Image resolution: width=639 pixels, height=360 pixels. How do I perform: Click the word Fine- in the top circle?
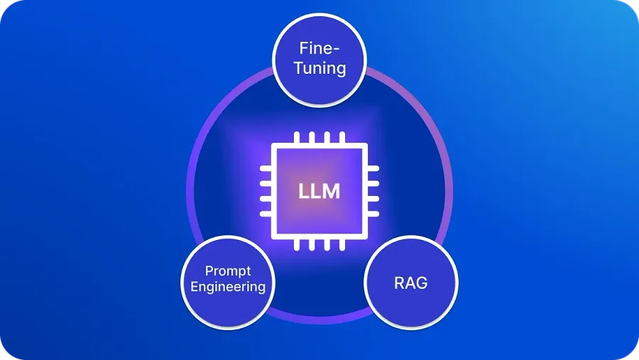(x=319, y=48)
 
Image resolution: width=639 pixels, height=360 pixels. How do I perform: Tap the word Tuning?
(x=320, y=68)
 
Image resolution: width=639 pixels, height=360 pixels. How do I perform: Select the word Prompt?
(x=228, y=271)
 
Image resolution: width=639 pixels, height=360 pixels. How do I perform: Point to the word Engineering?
(x=228, y=287)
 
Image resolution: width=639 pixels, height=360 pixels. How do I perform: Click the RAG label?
(x=411, y=283)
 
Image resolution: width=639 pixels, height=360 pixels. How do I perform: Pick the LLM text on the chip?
(x=319, y=192)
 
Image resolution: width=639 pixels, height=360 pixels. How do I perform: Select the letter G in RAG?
(x=422, y=283)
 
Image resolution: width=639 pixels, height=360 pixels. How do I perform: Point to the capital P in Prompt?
(x=209, y=271)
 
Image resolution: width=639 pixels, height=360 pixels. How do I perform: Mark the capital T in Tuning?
(x=300, y=67)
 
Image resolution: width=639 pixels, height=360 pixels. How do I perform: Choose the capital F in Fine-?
(x=305, y=48)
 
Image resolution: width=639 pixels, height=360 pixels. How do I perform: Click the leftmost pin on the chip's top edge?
(x=297, y=137)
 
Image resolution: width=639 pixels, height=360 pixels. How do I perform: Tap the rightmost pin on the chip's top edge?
(x=342, y=137)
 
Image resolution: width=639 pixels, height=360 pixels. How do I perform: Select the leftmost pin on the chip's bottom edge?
(x=297, y=245)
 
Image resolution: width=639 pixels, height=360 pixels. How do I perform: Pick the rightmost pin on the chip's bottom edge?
(x=342, y=245)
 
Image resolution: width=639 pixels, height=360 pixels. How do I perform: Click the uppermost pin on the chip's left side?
(x=266, y=168)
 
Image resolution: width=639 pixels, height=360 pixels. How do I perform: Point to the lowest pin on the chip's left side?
(x=266, y=214)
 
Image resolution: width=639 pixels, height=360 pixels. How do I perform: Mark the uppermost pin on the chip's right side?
(x=373, y=168)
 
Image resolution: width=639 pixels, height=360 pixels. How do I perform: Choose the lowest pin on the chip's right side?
(x=373, y=214)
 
